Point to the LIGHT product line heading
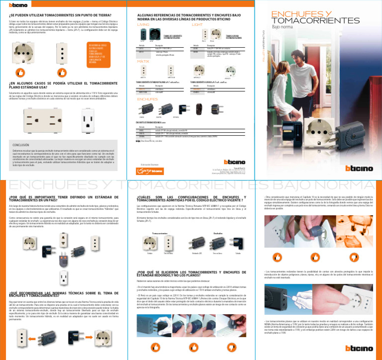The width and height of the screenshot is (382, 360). click(x=197, y=24)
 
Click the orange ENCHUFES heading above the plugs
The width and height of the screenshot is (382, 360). click(x=147, y=99)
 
